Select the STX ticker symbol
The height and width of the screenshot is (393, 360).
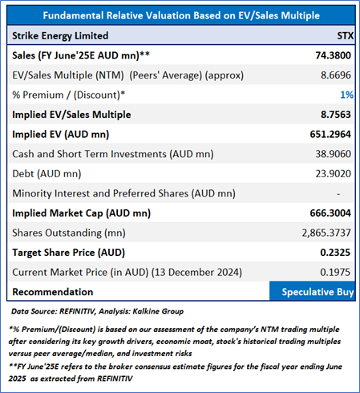point(346,35)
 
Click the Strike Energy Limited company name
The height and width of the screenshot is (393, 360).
point(60,35)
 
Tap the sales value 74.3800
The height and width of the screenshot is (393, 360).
point(333,55)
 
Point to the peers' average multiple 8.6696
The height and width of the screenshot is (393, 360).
point(336,75)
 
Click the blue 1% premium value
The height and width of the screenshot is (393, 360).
point(347,95)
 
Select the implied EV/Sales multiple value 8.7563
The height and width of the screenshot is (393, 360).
point(336,115)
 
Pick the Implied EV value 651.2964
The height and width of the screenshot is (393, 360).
point(330,134)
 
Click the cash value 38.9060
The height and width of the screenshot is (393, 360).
point(333,154)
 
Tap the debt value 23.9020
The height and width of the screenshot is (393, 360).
point(333,174)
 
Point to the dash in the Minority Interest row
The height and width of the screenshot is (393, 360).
point(338,194)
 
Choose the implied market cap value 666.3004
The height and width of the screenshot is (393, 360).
point(330,213)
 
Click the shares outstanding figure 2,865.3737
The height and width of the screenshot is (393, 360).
point(326,233)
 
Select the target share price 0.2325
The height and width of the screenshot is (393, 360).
point(335,253)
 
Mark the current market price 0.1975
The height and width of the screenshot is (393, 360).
point(335,273)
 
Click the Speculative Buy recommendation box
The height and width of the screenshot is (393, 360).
point(312,291)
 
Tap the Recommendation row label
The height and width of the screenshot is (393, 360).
point(53,292)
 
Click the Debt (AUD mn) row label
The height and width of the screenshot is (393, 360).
point(47,174)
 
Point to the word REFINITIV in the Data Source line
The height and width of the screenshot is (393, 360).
point(77,311)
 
